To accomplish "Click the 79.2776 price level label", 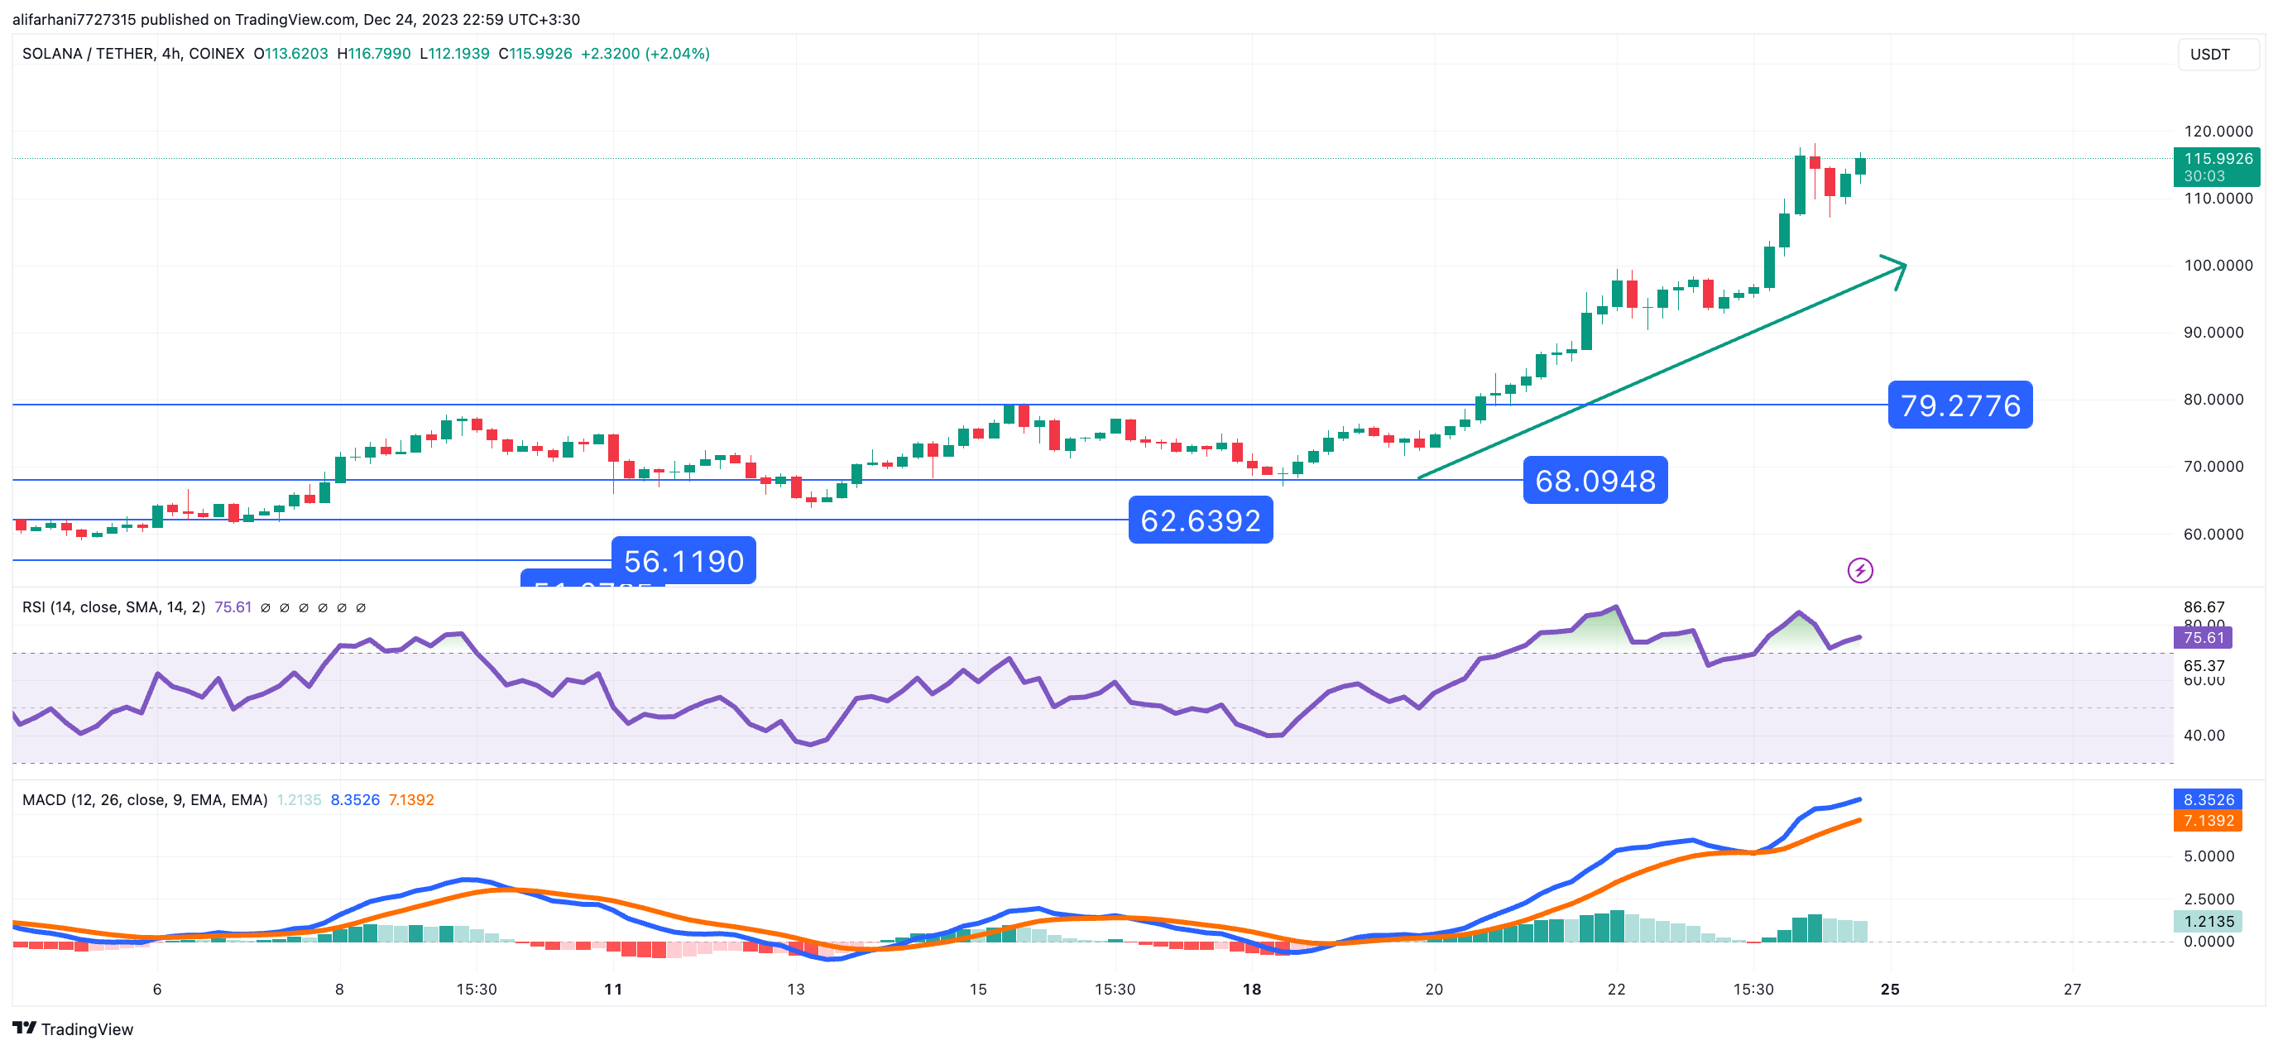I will click(1959, 405).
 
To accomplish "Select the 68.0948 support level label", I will click(1595, 481).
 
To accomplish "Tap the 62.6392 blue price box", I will click(1200, 520).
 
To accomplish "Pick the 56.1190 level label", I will click(683, 561).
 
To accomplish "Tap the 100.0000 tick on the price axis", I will click(2218, 266).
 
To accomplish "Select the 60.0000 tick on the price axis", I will click(2218, 535).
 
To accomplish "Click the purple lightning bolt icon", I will click(1859, 571).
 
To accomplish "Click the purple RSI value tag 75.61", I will click(2203, 638).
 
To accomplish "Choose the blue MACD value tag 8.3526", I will click(2208, 799).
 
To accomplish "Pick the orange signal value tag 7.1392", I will click(2208, 821).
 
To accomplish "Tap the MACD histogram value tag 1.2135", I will click(2208, 922).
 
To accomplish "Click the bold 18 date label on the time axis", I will click(1251, 989).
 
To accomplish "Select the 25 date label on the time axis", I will click(1890, 989).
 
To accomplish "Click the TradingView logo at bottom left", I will click(73, 1028).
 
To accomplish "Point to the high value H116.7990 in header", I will click(374, 54).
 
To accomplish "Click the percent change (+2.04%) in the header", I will click(678, 54).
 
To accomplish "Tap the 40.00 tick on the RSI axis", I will click(2203, 735).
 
